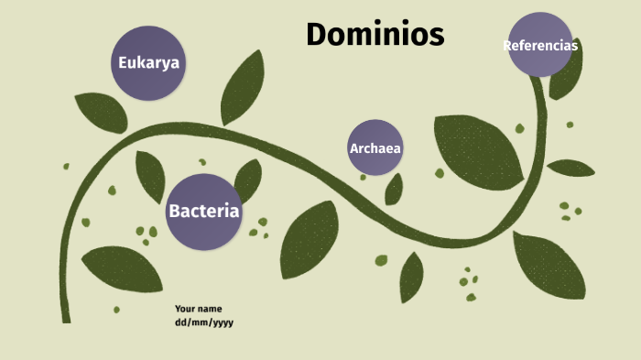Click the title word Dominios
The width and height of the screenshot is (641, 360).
point(375,35)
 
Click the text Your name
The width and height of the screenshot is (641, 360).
point(199,309)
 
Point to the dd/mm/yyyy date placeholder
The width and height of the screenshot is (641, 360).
point(204,322)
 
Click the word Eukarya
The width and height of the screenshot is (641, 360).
point(148,63)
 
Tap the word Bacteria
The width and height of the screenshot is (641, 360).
point(203,212)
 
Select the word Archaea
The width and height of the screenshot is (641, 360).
point(375,148)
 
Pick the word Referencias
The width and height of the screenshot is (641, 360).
point(540,45)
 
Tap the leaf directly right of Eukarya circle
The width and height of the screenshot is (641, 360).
point(242,87)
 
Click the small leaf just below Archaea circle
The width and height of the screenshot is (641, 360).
point(394,190)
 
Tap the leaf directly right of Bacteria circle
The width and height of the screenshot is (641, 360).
point(247,178)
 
